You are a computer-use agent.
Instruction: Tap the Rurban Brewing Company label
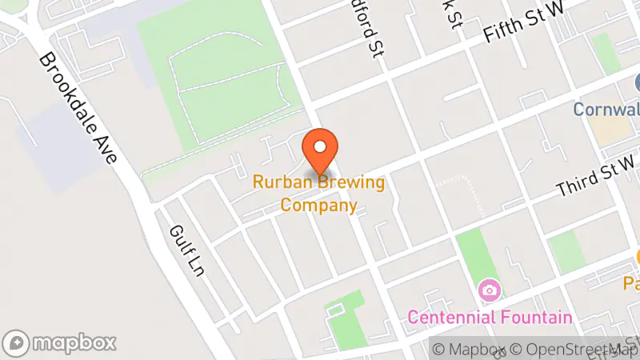click(x=319, y=194)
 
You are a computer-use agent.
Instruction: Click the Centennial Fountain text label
click(x=490, y=317)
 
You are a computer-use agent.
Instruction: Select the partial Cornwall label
click(x=606, y=108)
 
